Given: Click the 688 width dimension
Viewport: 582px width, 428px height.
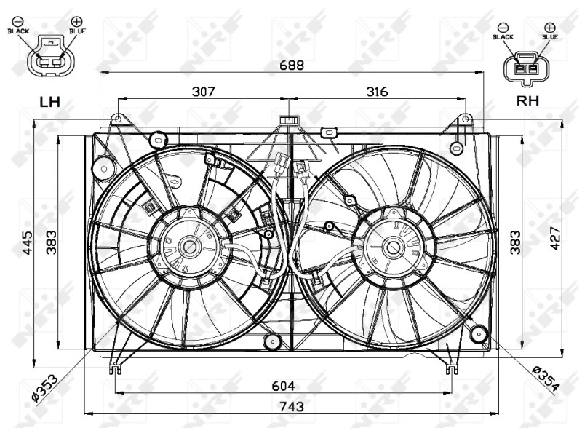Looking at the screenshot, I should point(292,64).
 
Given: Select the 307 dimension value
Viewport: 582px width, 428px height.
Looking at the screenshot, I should point(204,92).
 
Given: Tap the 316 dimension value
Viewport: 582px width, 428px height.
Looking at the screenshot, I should point(376,92).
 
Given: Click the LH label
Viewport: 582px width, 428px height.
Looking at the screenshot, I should point(49,102).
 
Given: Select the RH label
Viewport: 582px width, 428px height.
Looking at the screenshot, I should point(527,101).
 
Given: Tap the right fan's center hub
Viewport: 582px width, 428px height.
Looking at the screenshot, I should point(394,247).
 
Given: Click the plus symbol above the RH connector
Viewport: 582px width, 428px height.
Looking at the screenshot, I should point(549,27).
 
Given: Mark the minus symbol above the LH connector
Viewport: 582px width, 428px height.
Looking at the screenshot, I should point(18,21).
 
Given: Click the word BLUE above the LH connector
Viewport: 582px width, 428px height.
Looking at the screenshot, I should point(77,31).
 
